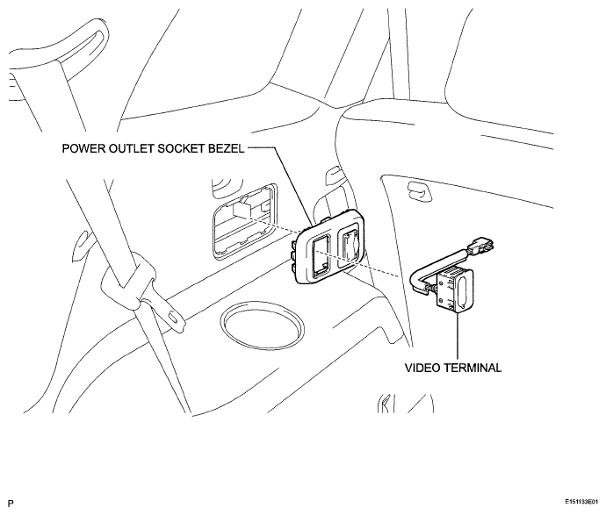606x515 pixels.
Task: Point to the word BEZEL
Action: coord(227,149)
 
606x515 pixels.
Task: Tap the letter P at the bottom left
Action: coord(11,504)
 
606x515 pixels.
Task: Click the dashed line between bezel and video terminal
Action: coord(357,263)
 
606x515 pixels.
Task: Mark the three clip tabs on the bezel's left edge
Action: coord(294,254)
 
